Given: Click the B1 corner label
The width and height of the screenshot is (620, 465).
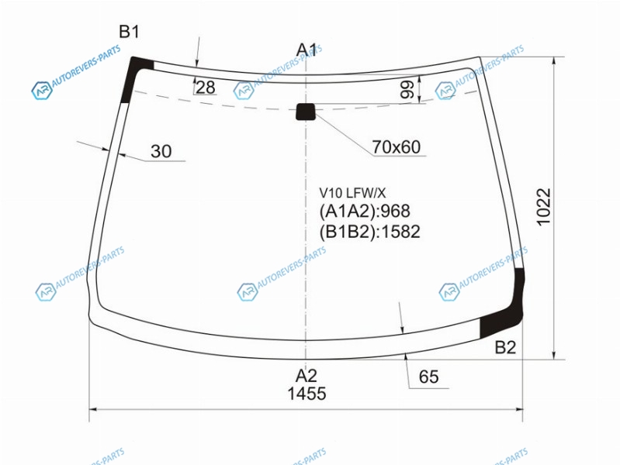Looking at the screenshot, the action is (130, 32).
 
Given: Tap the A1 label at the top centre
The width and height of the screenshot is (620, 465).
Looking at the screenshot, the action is (307, 50).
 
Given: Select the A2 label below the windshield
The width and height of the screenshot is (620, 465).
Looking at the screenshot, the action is (307, 375).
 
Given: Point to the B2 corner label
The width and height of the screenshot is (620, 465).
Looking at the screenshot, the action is (505, 347).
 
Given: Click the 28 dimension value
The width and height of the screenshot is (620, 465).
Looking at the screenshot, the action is (205, 88).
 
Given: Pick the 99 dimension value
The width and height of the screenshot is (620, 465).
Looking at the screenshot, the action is (407, 89).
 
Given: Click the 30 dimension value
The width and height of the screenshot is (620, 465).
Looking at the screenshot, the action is (161, 151).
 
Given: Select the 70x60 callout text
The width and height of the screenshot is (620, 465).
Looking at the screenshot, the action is (397, 147).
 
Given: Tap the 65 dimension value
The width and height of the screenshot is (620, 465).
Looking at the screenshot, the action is (428, 377).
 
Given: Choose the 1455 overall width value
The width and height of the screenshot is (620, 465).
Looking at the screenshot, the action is (307, 394).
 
